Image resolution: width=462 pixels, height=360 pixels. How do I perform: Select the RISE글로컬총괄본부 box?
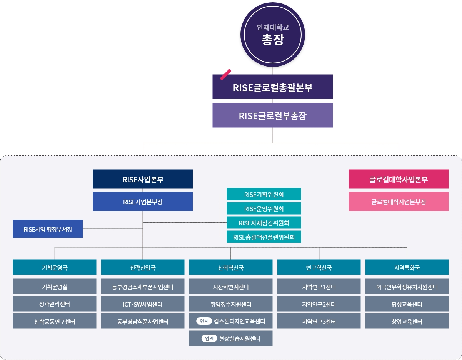click(273, 87)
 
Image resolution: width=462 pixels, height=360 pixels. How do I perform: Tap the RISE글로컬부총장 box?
click(273, 115)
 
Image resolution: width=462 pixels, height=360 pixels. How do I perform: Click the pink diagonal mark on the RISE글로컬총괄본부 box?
click(225, 75)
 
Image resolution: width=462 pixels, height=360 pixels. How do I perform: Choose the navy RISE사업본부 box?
click(143, 179)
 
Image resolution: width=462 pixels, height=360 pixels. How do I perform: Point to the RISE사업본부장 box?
click(143, 202)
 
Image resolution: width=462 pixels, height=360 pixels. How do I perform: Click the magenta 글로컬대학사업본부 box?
click(399, 179)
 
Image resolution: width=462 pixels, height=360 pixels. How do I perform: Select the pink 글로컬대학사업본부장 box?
click(399, 202)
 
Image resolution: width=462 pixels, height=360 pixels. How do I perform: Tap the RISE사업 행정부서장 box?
click(48, 229)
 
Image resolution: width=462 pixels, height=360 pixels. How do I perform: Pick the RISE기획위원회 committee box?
click(264, 194)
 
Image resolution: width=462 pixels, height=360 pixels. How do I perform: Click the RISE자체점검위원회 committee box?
click(264, 222)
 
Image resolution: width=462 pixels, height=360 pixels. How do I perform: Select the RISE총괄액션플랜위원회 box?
click(264, 237)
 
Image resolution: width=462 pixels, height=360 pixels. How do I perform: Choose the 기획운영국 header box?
click(55, 267)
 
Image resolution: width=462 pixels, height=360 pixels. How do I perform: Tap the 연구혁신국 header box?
click(319, 267)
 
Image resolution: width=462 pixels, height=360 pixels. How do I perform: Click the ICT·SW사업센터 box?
click(143, 304)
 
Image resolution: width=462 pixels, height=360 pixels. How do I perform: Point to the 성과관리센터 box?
click(55, 304)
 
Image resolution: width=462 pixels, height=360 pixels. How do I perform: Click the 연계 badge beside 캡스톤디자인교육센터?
click(204, 321)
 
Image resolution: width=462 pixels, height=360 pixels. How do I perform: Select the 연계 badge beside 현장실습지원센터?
click(209, 338)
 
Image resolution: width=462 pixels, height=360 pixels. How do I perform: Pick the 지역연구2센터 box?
click(319, 304)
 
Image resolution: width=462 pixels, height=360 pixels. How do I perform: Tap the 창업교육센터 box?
click(407, 321)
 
